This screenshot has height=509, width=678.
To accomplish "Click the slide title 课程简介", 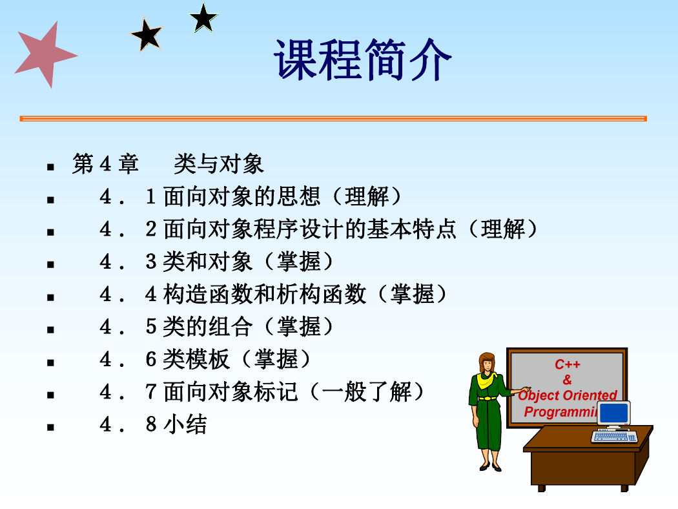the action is pos(362,59).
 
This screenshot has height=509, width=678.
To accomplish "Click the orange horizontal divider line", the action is pos(333,118).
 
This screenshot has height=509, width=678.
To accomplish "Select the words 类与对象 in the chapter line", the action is pos(218,164).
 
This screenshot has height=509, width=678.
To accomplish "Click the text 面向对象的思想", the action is pos(241,196).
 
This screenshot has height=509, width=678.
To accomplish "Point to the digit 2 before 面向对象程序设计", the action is pos(151,229).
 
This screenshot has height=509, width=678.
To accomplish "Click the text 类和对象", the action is pos(207,262).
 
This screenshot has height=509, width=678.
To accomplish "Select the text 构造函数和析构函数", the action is pos(264,294).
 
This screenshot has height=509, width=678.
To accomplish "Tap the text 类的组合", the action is pos(207,326).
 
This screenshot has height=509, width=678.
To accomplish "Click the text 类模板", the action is pos(196,359).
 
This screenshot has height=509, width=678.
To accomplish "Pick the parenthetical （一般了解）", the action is pos(367,392).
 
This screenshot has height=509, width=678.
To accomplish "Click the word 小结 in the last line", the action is pos(185,424).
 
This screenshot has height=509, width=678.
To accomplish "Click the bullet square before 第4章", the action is pos(50,167).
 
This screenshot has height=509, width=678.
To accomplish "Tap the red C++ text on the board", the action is pos(568,364).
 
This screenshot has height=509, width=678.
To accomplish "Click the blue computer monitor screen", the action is pos(613,413).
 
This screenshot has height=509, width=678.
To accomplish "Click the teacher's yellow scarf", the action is pos(488,380).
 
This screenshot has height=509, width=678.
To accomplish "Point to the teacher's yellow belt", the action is pos(488,398).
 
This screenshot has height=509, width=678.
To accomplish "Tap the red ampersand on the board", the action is pos(568,380).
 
